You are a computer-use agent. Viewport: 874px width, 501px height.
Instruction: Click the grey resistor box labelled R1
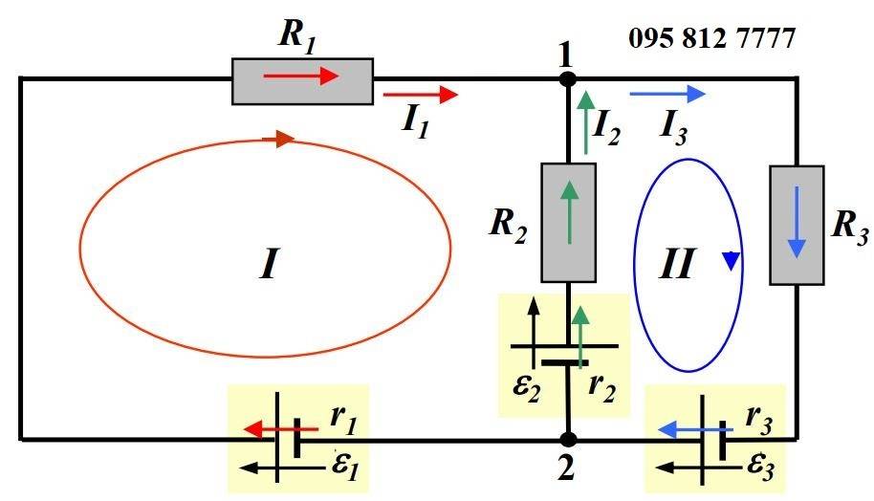[x=302, y=79]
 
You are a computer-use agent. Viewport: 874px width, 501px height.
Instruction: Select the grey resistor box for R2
[x=569, y=222]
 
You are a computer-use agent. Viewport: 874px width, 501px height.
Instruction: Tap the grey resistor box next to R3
[x=797, y=225]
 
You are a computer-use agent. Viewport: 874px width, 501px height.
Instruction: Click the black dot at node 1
[x=567, y=78]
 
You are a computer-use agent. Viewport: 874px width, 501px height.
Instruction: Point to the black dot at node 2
[x=568, y=440]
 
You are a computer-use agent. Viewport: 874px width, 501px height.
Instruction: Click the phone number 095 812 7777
[x=711, y=39]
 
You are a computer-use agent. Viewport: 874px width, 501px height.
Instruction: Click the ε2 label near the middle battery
[x=521, y=387]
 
